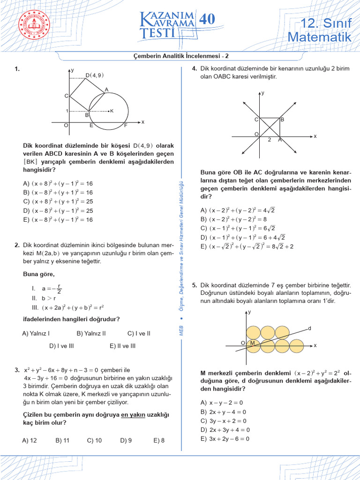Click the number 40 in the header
[207, 19]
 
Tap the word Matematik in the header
[319, 37]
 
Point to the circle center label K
[112, 111]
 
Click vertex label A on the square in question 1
[106, 90]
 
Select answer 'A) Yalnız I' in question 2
[36, 333]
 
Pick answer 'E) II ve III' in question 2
[123, 346]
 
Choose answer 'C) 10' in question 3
[94, 441]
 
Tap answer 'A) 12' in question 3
[30, 441]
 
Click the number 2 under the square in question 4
[269, 140]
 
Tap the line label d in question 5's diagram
[309, 328]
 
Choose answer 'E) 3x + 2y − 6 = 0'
[225, 439]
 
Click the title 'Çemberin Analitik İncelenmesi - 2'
[181, 56]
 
